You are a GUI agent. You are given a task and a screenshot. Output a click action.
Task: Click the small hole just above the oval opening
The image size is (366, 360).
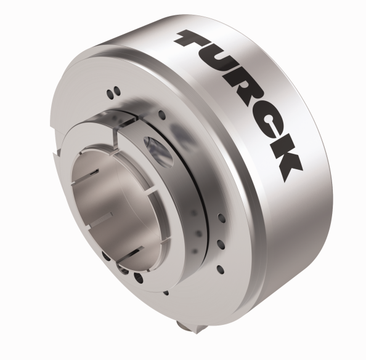click(161, 114)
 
